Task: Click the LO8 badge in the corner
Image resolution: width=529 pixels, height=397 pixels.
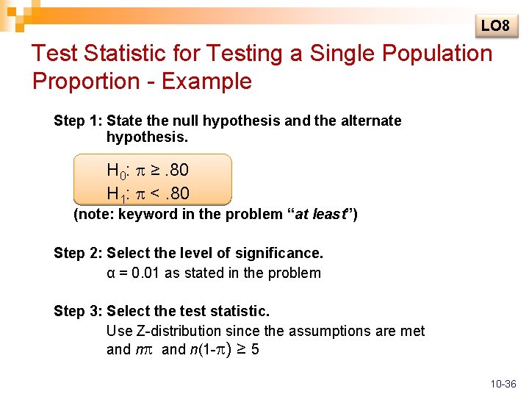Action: [495, 26]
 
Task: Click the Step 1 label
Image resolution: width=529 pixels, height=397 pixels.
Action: [78, 121]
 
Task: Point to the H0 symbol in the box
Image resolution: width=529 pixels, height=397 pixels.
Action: [118, 171]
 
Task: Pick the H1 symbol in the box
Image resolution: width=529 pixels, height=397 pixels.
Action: [118, 194]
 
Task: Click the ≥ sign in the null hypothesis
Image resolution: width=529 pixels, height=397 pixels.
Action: [156, 171]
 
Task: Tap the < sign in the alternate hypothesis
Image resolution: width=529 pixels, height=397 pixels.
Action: [156, 193]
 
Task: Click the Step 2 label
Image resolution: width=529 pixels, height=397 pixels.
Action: [78, 253]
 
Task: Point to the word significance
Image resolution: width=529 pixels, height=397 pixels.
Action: [284, 253]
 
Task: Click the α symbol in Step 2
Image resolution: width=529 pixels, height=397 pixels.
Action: [111, 273]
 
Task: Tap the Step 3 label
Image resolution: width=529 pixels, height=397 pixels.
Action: [78, 311]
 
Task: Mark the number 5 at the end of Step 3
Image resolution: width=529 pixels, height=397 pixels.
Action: [254, 349]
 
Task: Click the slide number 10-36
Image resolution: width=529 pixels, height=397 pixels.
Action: [503, 384]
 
